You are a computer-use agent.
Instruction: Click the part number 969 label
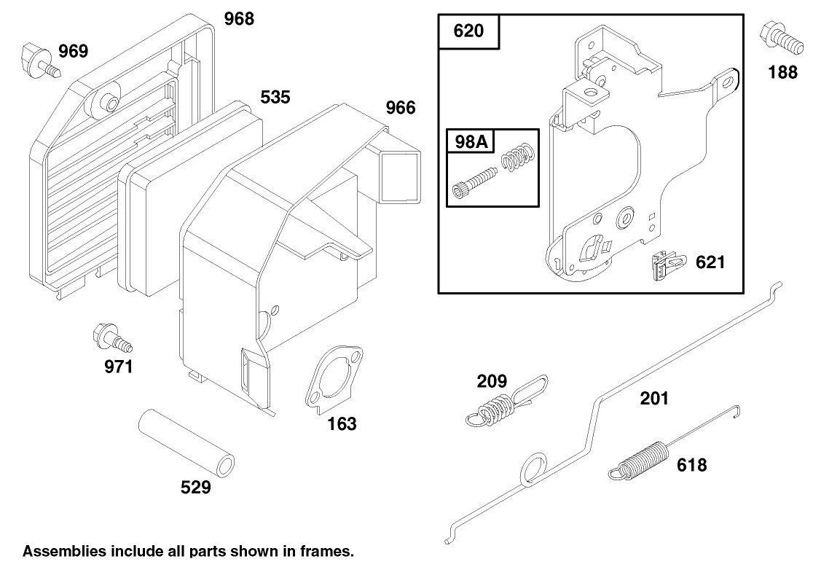73,51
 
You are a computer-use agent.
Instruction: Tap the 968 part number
238,19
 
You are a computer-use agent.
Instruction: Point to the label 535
275,98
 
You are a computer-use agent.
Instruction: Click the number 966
400,108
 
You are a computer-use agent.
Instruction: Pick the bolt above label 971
110,338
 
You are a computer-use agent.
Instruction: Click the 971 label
118,367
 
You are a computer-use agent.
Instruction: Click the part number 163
341,423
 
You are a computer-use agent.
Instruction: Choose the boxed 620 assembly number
468,32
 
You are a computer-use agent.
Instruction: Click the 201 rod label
654,398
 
